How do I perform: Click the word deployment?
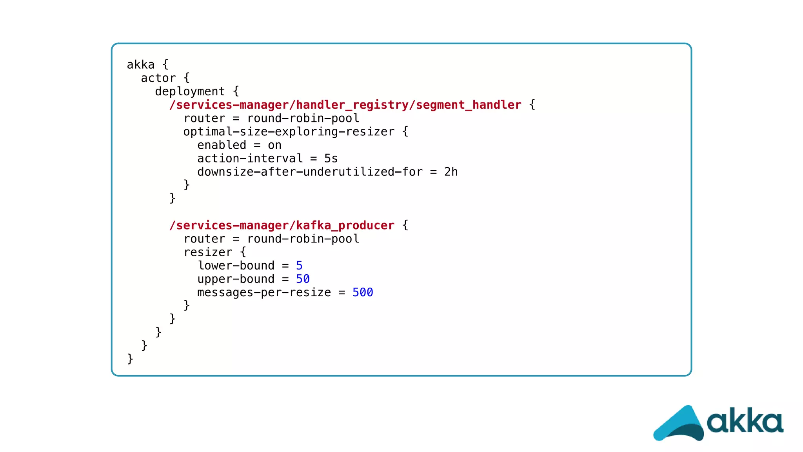(190, 91)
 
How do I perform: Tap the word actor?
(158, 78)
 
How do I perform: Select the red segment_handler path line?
(345, 105)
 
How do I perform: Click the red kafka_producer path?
(282, 225)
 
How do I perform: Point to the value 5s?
(331, 159)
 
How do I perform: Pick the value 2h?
(451, 172)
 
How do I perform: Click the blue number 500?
(362, 292)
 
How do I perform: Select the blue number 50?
(303, 279)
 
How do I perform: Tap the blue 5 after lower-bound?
(299, 266)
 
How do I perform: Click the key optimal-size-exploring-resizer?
(289, 132)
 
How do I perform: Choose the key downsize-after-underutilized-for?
(310, 172)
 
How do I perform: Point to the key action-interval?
(250, 159)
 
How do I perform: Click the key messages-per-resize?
(264, 293)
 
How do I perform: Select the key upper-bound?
(236, 279)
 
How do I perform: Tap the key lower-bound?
(236, 266)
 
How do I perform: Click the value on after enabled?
(274, 145)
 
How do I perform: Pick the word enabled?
(222, 145)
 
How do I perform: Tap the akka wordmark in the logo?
(745, 422)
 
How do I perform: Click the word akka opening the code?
(140, 65)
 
